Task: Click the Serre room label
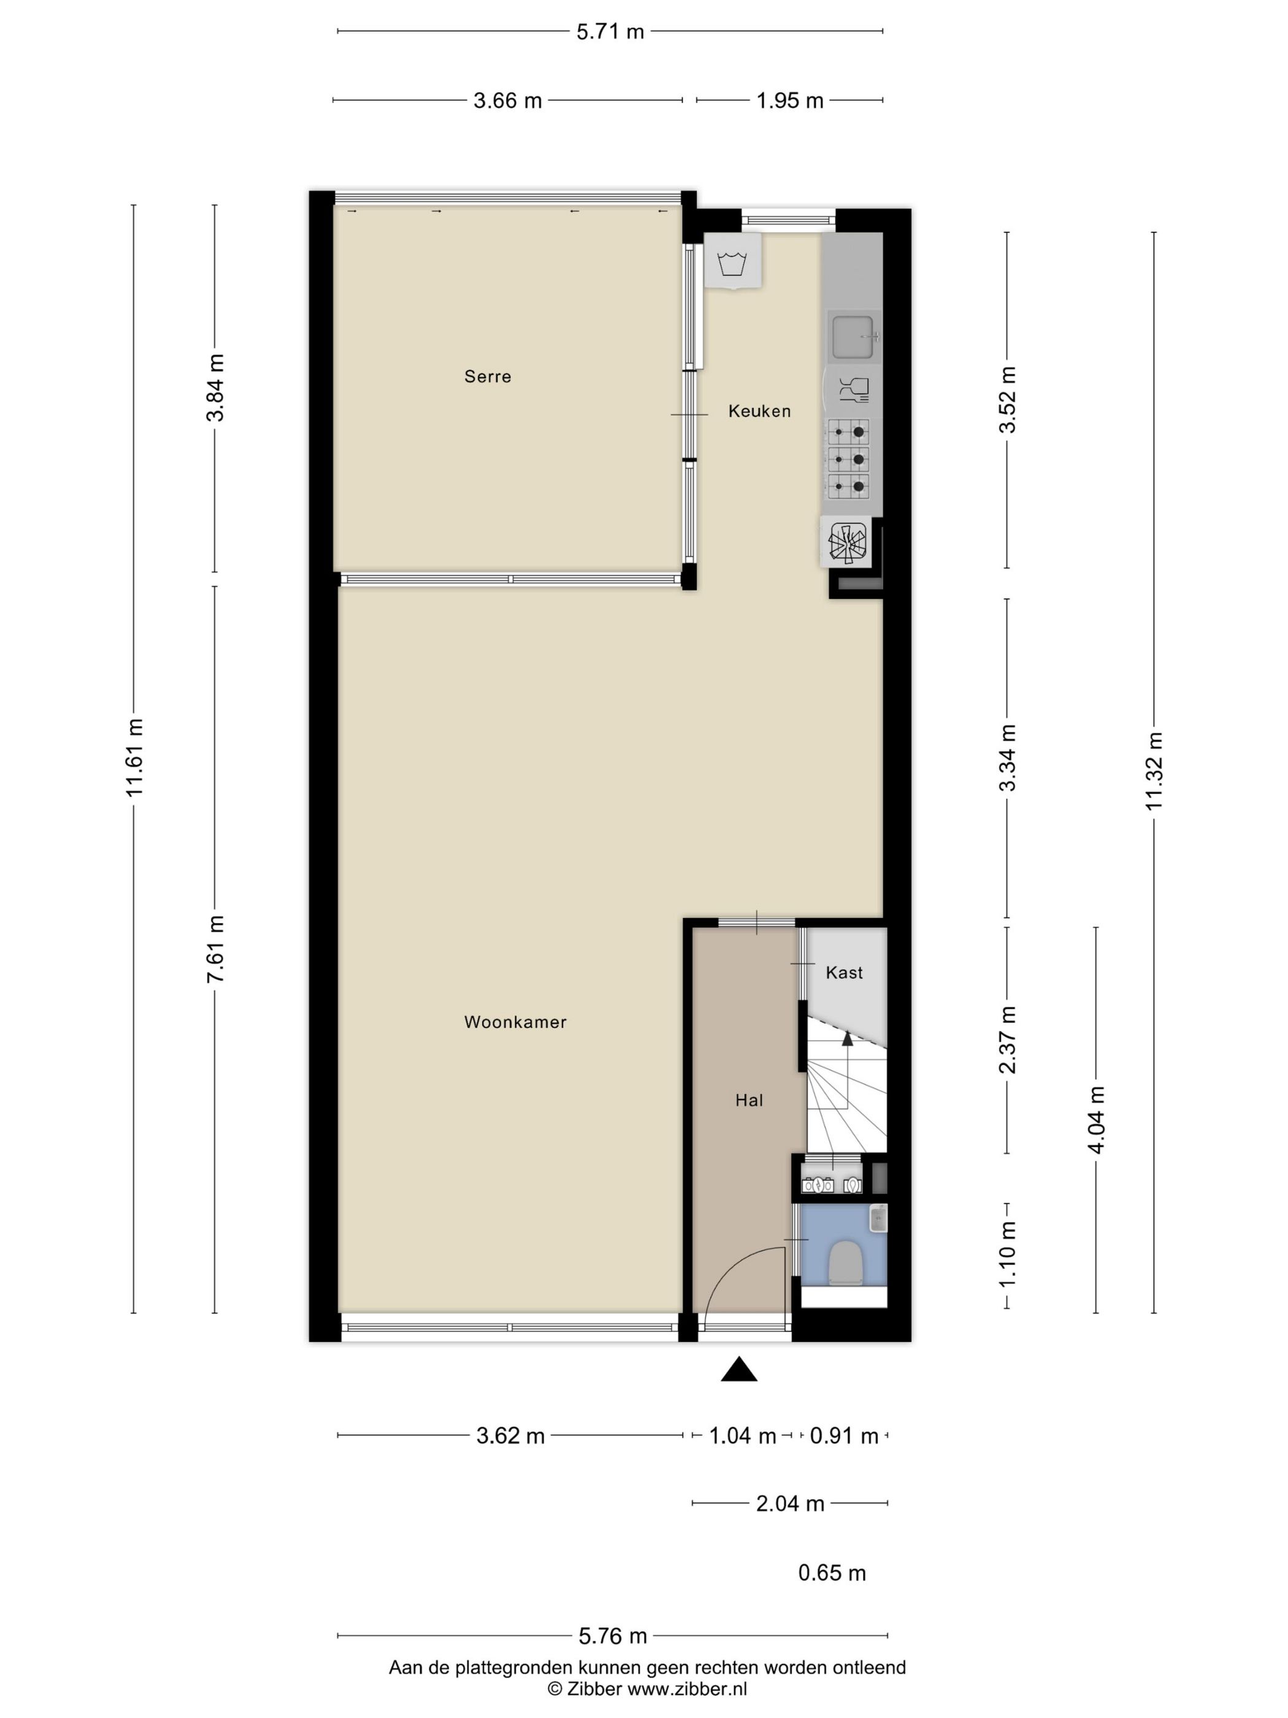(488, 377)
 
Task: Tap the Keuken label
(759, 411)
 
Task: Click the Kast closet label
(844, 973)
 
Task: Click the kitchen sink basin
(853, 336)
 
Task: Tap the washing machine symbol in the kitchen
(732, 262)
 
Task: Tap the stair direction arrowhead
(847, 1038)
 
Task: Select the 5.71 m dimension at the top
(610, 32)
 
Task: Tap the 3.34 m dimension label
(1007, 758)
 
